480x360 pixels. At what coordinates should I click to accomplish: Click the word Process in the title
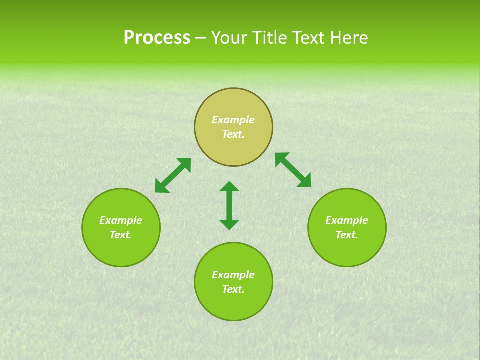[157, 38]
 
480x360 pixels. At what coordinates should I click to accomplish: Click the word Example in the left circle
[121, 220]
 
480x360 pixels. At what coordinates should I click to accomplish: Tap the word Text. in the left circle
[121, 235]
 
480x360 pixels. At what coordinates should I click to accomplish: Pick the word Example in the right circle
[347, 220]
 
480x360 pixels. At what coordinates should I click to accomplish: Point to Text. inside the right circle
[347, 235]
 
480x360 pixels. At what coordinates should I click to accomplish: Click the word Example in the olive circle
[233, 120]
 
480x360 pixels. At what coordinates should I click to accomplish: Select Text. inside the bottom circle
[233, 289]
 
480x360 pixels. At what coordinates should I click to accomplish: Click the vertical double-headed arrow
[229, 205]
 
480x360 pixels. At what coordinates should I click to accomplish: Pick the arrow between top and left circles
[173, 175]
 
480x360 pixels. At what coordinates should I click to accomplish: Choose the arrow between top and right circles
[293, 170]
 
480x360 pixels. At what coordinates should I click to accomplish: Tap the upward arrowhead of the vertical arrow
[229, 186]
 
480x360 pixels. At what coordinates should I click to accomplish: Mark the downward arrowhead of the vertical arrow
[229, 224]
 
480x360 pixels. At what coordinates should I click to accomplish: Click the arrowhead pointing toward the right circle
[304, 181]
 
